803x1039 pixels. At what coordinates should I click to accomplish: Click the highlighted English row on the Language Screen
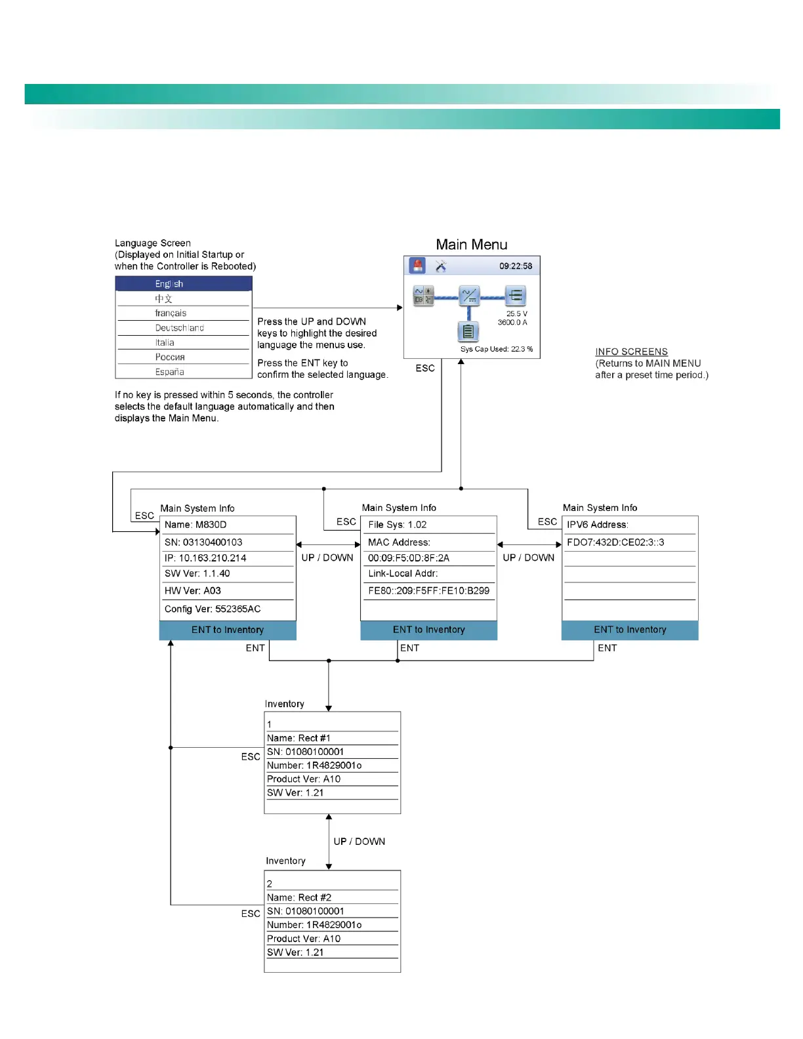coord(184,284)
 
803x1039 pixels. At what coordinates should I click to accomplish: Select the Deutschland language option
coord(180,328)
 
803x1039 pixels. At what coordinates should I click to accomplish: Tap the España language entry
coord(170,372)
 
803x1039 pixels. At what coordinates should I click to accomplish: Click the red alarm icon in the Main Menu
coord(417,266)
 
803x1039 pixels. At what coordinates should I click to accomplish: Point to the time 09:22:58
coord(516,266)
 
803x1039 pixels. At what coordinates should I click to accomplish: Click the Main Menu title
coord(472,245)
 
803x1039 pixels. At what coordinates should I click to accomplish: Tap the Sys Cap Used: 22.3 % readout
coord(496,349)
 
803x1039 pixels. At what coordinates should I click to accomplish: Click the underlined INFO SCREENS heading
coord(631,352)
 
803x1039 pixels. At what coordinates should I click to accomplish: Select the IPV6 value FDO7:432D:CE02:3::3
coord(615,542)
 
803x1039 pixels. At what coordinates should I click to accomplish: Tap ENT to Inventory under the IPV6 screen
coord(630,630)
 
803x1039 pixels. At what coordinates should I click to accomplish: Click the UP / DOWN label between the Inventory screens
coord(360,842)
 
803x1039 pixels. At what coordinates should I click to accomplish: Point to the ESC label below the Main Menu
coord(425,369)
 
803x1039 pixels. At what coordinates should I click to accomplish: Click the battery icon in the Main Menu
coord(468,332)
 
